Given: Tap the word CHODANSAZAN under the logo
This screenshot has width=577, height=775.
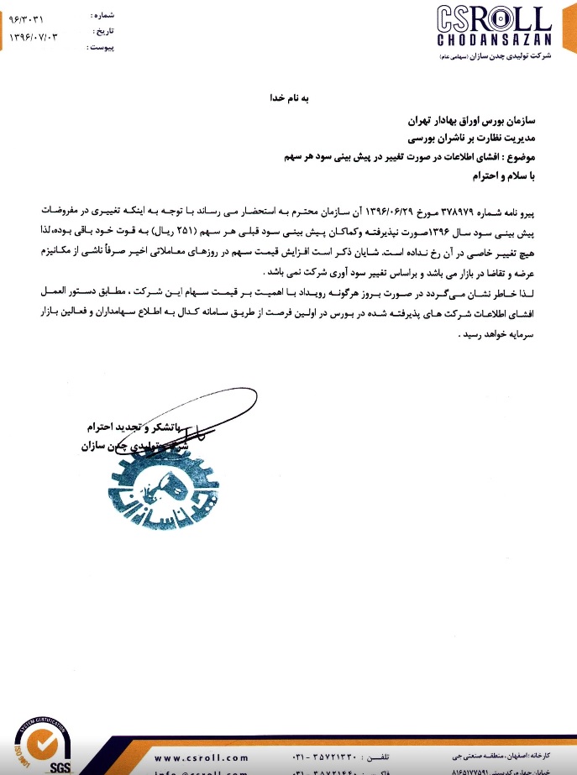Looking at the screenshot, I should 495,39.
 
